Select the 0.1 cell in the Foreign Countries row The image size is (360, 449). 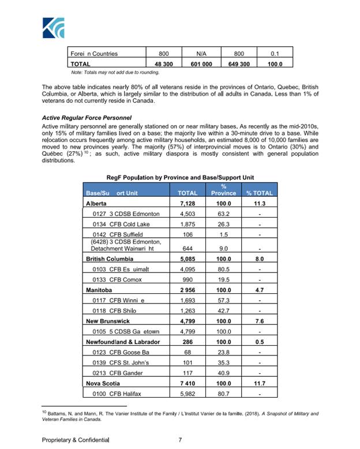274,54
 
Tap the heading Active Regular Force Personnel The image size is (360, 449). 88,117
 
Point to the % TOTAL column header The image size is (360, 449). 259,193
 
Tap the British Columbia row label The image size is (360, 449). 108,259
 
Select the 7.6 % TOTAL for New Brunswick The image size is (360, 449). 259,321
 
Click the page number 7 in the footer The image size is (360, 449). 180,440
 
